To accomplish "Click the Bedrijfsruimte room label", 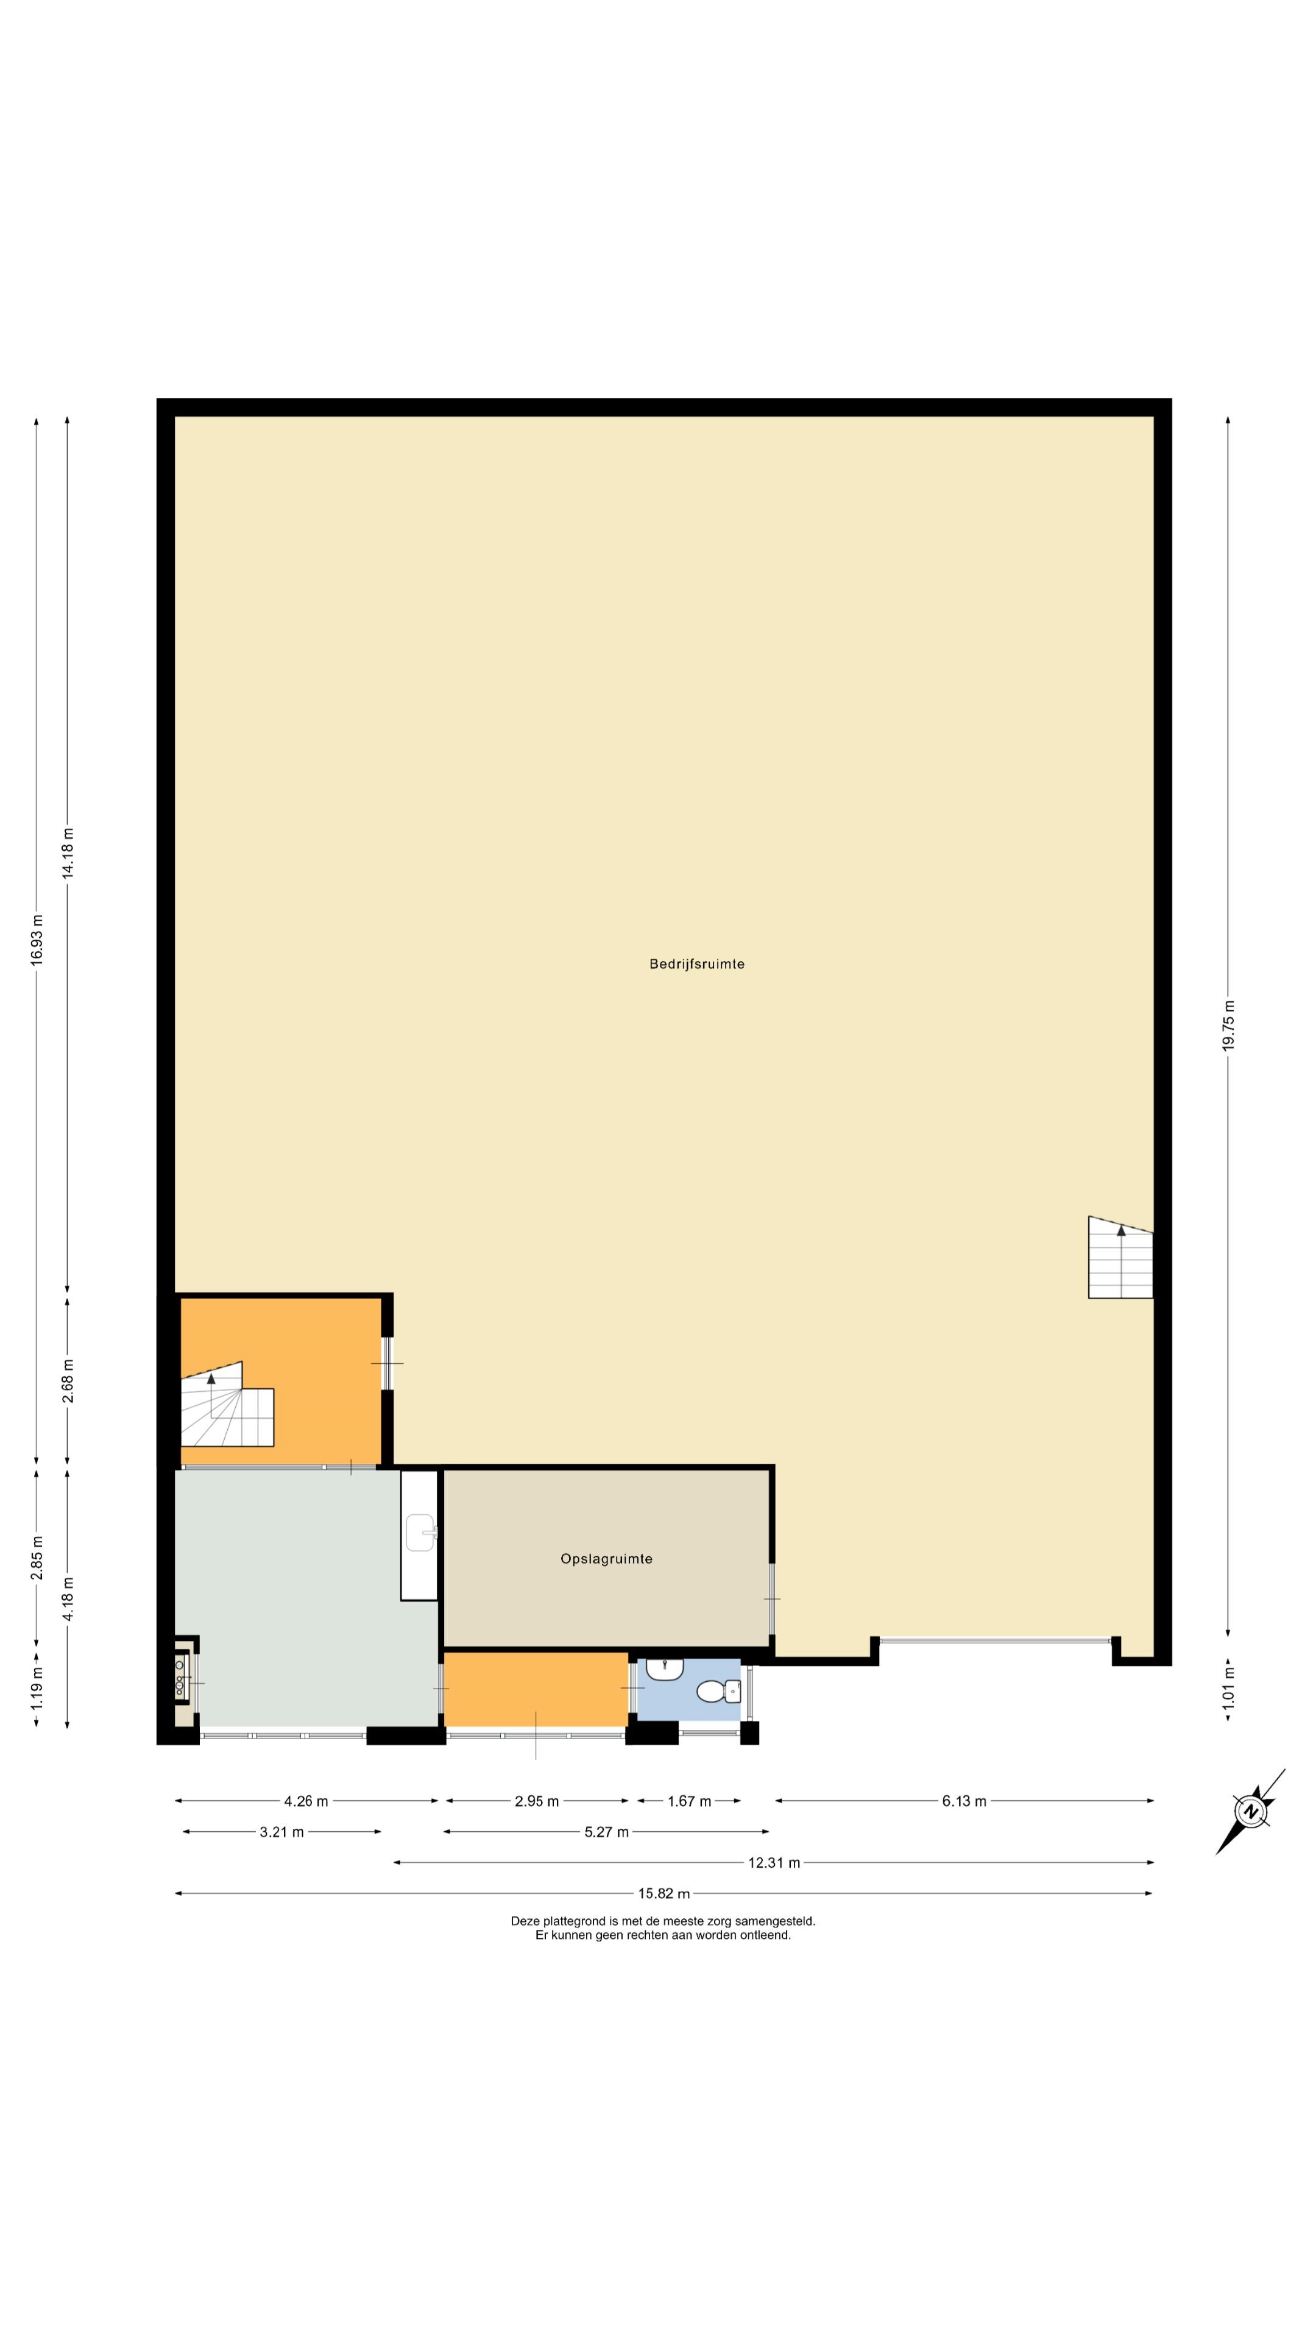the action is pyautogui.click(x=696, y=964).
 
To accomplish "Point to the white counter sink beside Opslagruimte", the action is pyautogui.click(x=420, y=1535).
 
